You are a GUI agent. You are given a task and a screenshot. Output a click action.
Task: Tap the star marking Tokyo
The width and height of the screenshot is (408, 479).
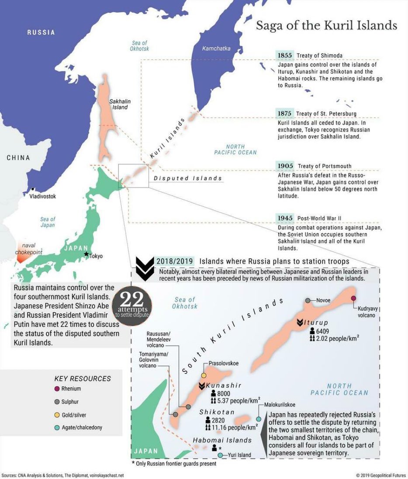point(86,254)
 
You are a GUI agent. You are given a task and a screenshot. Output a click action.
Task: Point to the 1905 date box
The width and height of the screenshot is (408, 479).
point(285,166)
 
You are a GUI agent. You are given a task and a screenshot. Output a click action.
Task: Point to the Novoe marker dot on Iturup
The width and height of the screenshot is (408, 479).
point(308,300)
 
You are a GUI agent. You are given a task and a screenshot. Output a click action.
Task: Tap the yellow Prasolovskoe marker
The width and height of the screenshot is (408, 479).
point(204,375)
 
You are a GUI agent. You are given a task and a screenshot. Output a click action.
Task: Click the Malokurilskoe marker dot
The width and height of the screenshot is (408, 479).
point(259,419)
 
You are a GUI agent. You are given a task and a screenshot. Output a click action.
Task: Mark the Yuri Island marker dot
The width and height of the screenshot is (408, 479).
point(221,455)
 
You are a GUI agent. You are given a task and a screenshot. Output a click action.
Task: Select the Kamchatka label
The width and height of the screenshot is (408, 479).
point(216,49)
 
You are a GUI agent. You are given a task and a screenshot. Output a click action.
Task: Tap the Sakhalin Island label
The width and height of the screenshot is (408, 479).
point(120,104)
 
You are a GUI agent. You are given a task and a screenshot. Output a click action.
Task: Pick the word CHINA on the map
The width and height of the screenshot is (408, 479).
point(18,158)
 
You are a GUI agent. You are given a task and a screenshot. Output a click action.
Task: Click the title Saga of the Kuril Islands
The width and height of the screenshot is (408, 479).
point(326,25)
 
